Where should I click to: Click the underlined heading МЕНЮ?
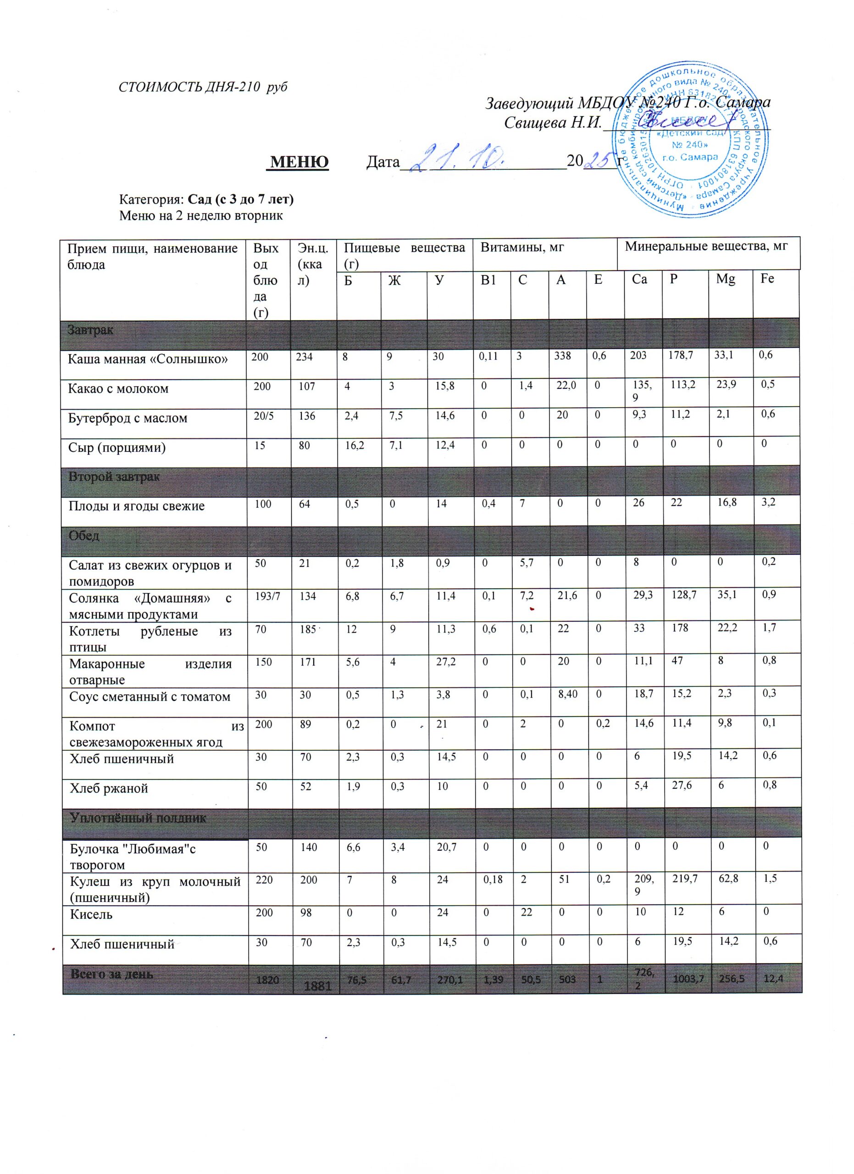click(299, 162)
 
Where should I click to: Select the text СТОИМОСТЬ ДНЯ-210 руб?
click(203, 87)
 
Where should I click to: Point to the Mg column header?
click(725, 279)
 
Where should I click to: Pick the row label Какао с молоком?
click(118, 388)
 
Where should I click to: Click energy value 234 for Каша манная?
click(305, 357)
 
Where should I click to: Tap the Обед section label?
click(84, 535)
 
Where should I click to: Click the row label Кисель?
click(92, 914)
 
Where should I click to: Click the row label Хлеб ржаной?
click(109, 788)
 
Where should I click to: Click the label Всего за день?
click(112, 974)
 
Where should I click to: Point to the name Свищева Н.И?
click(553, 123)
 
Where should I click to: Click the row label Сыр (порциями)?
click(117, 447)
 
